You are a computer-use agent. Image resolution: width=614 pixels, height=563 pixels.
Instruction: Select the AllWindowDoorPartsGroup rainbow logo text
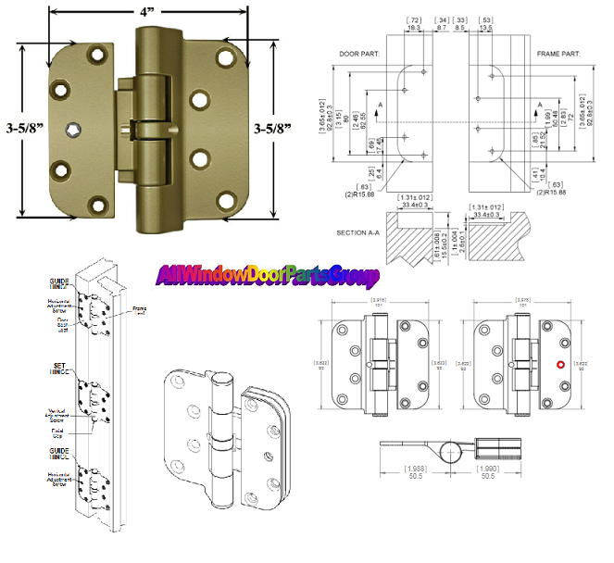click(x=268, y=276)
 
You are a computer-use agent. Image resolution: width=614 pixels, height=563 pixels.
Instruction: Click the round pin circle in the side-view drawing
click(x=451, y=450)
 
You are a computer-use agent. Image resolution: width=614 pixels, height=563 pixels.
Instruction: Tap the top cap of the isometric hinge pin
click(x=223, y=381)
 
